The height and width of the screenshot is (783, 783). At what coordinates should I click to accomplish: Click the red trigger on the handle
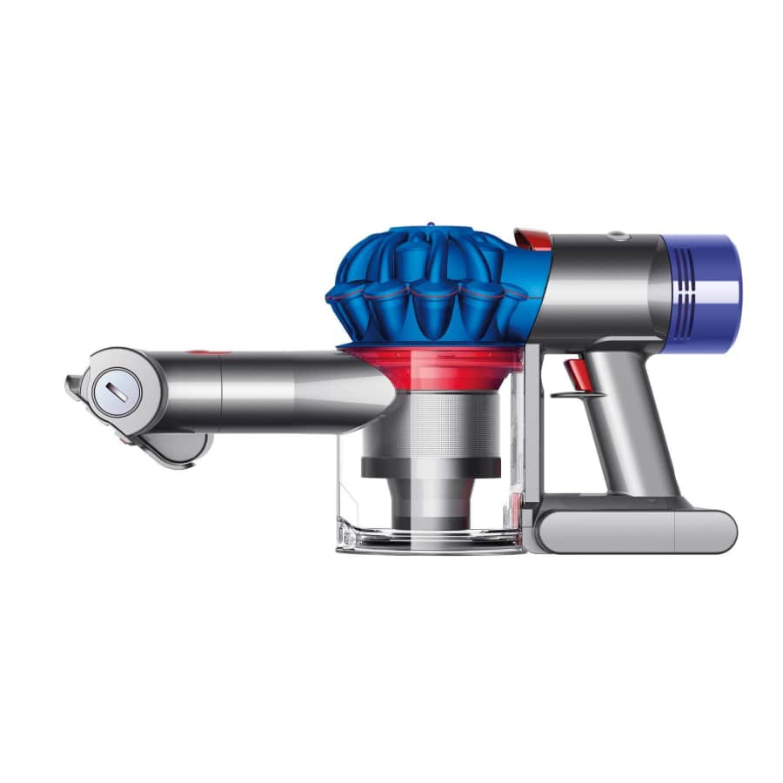(574, 372)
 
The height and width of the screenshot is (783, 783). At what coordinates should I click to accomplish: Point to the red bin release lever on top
(531, 237)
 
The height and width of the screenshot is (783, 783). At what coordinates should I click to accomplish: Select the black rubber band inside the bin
(431, 467)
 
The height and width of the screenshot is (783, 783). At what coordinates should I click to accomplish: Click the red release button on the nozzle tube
(197, 353)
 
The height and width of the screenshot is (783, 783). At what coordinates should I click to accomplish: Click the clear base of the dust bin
(431, 539)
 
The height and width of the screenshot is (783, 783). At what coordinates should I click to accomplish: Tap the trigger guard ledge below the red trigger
(579, 395)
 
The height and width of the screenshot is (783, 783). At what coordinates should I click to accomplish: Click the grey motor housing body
(600, 287)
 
